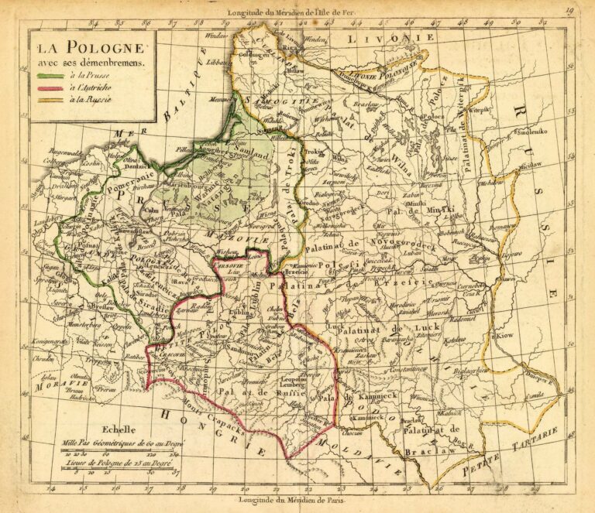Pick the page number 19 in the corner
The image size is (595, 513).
click(x=569, y=10)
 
